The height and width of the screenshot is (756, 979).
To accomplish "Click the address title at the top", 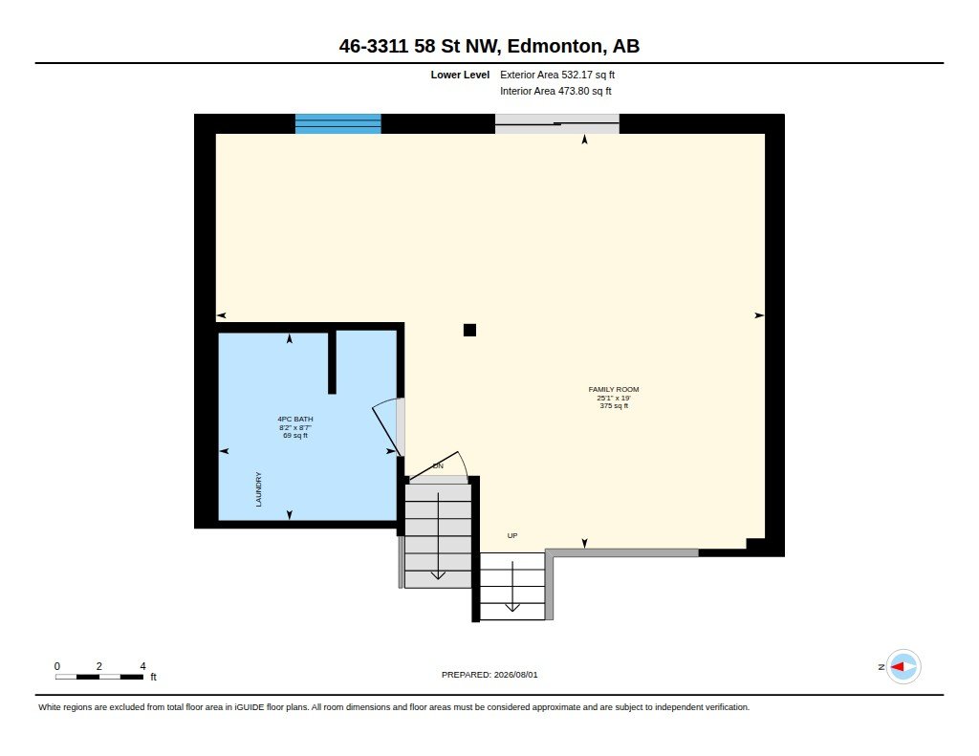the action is click(x=489, y=46).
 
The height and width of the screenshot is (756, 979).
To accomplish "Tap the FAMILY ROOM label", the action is click(x=614, y=390).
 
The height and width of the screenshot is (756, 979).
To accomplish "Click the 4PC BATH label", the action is click(x=295, y=420).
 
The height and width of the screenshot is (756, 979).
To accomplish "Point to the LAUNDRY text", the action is click(x=258, y=489).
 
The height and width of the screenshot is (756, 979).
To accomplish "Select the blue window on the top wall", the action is click(x=337, y=123).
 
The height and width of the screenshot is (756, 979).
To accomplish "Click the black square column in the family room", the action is click(x=469, y=331).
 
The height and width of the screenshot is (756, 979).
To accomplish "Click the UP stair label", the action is click(x=512, y=535).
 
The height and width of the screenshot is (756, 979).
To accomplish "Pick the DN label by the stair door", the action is click(x=438, y=465).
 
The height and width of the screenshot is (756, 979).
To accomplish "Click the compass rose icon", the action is click(x=903, y=667).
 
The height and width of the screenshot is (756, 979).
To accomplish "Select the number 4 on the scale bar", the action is click(x=143, y=666).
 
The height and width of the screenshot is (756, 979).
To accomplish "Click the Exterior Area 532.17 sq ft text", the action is click(x=557, y=75).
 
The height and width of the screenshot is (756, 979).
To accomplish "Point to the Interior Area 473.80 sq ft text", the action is click(x=555, y=91).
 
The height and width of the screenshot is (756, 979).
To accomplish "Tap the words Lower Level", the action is click(x=460, y=75).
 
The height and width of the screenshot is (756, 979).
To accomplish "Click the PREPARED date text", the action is click(x=489, y=675).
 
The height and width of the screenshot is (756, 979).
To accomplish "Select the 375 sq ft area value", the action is click(x=614, y=406).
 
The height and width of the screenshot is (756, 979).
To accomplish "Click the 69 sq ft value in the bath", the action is click(x=295, y=435).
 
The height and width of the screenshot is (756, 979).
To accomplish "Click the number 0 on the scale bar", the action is click(x=57, y=666).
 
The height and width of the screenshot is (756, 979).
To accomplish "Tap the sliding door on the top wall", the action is click(x=557, y=123).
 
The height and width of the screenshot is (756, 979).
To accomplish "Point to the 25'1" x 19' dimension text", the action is click(x=614, y=398).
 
